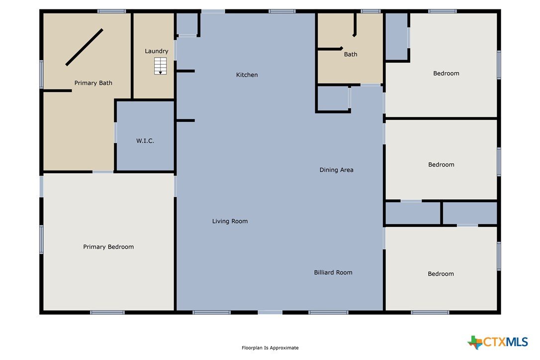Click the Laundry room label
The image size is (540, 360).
pyautogui.click(x=156, y=51)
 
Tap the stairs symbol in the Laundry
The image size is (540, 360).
pyautogui.click(x=160, y=66)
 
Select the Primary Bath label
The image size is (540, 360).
pyautogui.click(x=93, y=83)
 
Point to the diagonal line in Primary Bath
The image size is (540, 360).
pyautogui.click(x=85, y=47)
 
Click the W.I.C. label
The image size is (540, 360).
pyautogui.click(x=145, y=141)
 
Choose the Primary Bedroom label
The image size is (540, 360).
pyautogui.click(x=108, y=247)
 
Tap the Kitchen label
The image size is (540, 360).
pyautogui.click(x=247, y=75)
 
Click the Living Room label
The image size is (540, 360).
pyautogui.click(x=230, y=221)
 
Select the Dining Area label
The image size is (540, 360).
pyautogui.click(x=337, y=170)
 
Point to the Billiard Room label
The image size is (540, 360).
pyautogui.click(x=333, y=272)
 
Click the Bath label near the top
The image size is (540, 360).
pyautogui.click(x=351, y=54)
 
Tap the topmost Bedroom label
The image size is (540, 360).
pyautogui.click(x=447, y=74)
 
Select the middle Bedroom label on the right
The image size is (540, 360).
pyautogui.click(x=441, y=165)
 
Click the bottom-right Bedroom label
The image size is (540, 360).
pyautogui.click(x=441, y=274)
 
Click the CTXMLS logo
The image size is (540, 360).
pyautogui.click(x=498, y=342)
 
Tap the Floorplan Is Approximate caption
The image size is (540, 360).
pyautogui.click(x=270, y=348)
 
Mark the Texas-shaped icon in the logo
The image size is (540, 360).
pyautogui.click(x=475, y=343)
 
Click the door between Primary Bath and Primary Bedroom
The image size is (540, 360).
pyautogui.click(x=102, y=172)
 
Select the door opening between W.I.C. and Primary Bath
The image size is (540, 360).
pyautogui.click(x=115, y=133)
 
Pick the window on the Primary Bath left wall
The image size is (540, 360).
pyautogui.click(x=41, y=74)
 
